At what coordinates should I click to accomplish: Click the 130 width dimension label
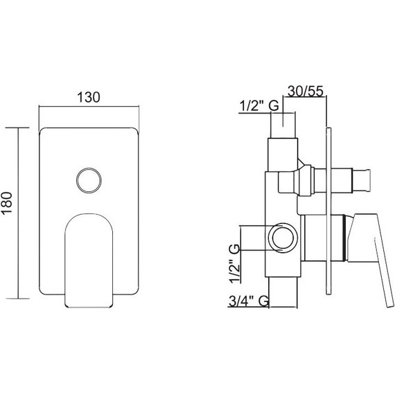click(89, 97)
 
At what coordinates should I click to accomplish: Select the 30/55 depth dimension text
click(306, 91)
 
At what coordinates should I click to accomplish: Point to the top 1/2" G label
click(259, 106)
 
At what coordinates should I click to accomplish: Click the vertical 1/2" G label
click(234, 263)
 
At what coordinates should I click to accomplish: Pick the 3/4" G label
click(249, 301)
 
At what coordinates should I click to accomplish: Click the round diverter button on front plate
click(89, 180)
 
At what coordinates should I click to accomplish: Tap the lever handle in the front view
click(89, 261)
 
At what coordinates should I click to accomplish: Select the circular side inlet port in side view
click(283, 237)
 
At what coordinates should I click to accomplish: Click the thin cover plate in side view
click(328, 211)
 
